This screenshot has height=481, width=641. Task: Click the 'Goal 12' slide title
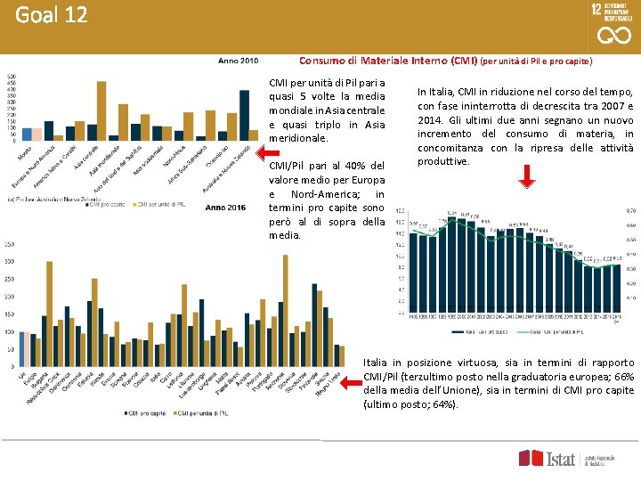coord(51,15)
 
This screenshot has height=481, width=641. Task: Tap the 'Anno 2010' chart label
coord(239,61)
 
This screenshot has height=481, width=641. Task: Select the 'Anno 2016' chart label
coord(225,207)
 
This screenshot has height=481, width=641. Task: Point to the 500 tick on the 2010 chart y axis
coord(11,77)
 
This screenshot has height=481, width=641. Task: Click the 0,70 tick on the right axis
coord(630,210)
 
